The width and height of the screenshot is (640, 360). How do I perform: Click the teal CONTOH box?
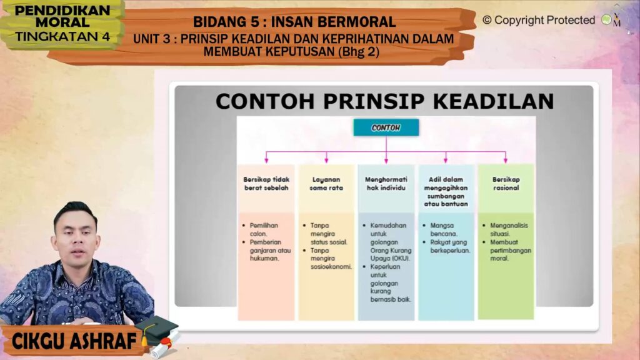[x=386, y=127]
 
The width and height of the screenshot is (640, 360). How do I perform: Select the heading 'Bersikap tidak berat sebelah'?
[x=266, y=184]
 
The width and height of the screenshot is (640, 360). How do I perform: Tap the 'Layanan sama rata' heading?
[x=326, y=184]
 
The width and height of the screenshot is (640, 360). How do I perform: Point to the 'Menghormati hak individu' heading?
[x=386, y=184]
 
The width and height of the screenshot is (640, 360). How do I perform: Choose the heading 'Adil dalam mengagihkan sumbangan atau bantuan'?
[x=446, y=191]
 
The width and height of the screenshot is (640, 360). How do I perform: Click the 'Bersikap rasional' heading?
[x=506, y=184]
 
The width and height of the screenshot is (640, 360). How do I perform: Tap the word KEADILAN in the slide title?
[x=493, y=101]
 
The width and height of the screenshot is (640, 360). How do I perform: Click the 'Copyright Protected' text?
[x=544, y=20]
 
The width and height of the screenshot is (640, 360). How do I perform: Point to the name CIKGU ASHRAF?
[x=74, y=341]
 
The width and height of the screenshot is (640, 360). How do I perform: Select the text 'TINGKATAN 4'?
[x=62, y=37]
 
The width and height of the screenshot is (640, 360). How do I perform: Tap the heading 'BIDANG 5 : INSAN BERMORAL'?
[x=294, y=22]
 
